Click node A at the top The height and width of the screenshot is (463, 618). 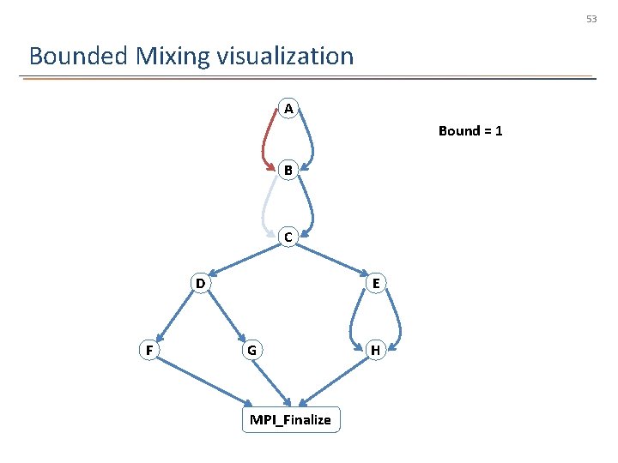tap(288, 109)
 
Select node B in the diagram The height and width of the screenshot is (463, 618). tap(288, 171)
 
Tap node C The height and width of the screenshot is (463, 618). tap(288, 237)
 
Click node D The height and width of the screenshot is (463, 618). tap(199, 283)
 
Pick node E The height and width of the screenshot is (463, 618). tap(376, 283)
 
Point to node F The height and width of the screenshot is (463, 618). tap(149, 350)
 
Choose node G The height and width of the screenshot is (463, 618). tap(251, 350)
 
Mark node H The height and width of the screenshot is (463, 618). tap(375, 350)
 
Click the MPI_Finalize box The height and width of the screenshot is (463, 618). tap(290, 419)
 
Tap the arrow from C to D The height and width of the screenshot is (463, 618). tap(245, 259)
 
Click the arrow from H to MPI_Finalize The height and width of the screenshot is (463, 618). tap(335, 379)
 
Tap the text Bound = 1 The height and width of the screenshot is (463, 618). tap(470, 131)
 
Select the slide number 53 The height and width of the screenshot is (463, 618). tap(591, 18)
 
